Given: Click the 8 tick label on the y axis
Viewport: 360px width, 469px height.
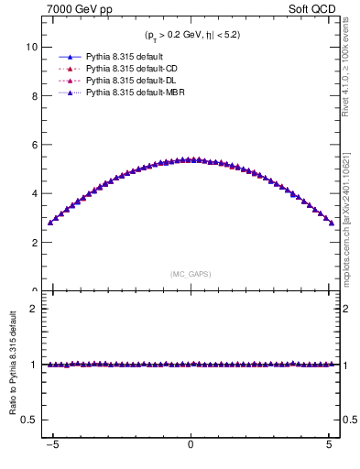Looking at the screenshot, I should (x=35, y=95).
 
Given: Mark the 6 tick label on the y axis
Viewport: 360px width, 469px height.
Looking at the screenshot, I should (x=35, y=145).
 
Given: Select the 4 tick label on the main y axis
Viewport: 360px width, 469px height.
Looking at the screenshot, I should (x=35, y=194).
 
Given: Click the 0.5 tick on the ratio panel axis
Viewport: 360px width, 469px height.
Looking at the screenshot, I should (x=30, y=420).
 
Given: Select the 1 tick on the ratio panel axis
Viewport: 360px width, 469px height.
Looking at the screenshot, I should (x=35, y=365).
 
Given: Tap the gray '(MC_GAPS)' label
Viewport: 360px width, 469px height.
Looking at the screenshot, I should (x=191, y=274).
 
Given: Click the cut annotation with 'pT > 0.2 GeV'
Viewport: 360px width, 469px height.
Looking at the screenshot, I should (x=191, y=35).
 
